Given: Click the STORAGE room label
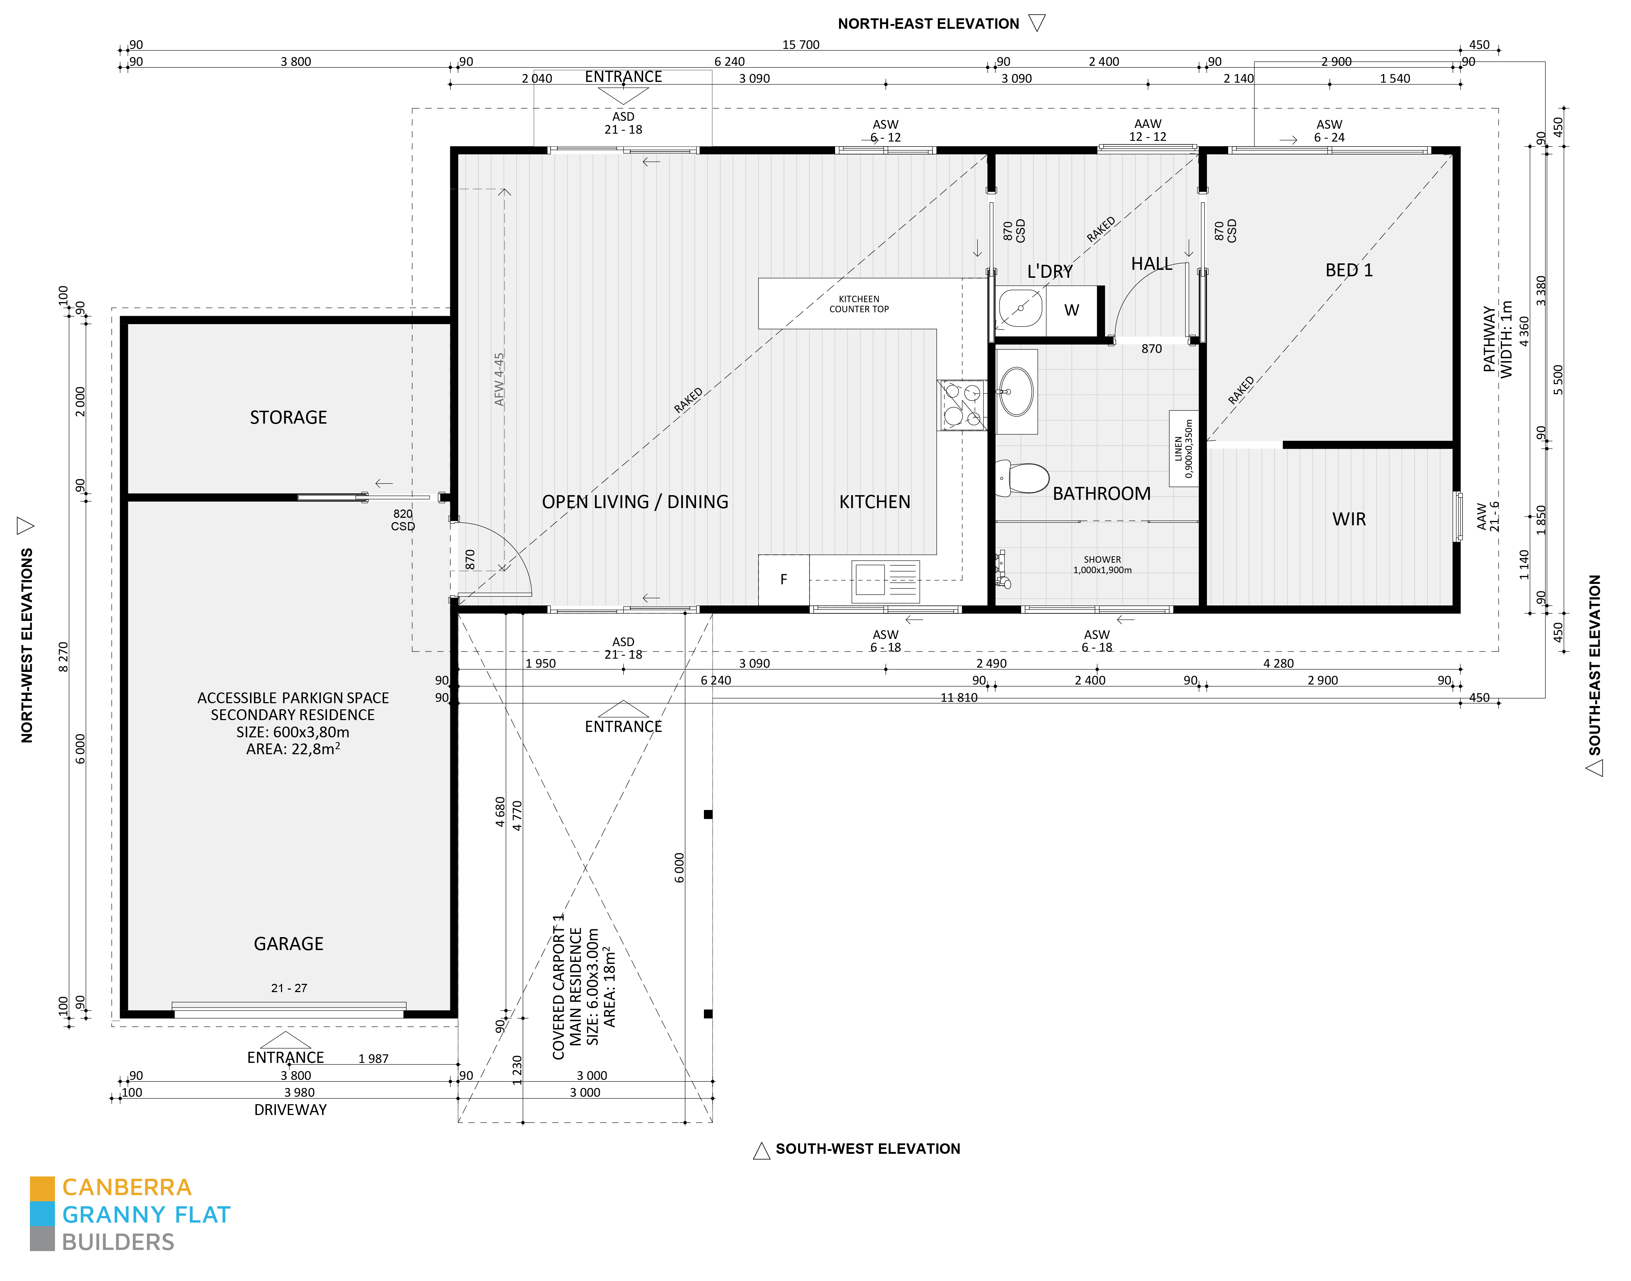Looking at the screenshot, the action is point(289,418).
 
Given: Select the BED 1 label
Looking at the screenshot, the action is point(1349,270).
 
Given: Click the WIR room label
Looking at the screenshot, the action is point(1349,519).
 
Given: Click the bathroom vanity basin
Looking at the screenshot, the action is point(1017,392).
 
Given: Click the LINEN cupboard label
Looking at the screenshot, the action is point(1183,448).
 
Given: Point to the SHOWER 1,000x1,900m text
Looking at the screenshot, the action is point(1102,565).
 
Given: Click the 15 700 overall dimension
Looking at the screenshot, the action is point(801,45).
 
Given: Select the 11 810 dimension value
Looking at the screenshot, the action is point(959,697).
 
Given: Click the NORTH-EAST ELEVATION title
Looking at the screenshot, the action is point(929,24).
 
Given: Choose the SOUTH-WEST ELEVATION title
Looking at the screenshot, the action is point(868,1149).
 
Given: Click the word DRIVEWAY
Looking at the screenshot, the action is point(290,1110).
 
